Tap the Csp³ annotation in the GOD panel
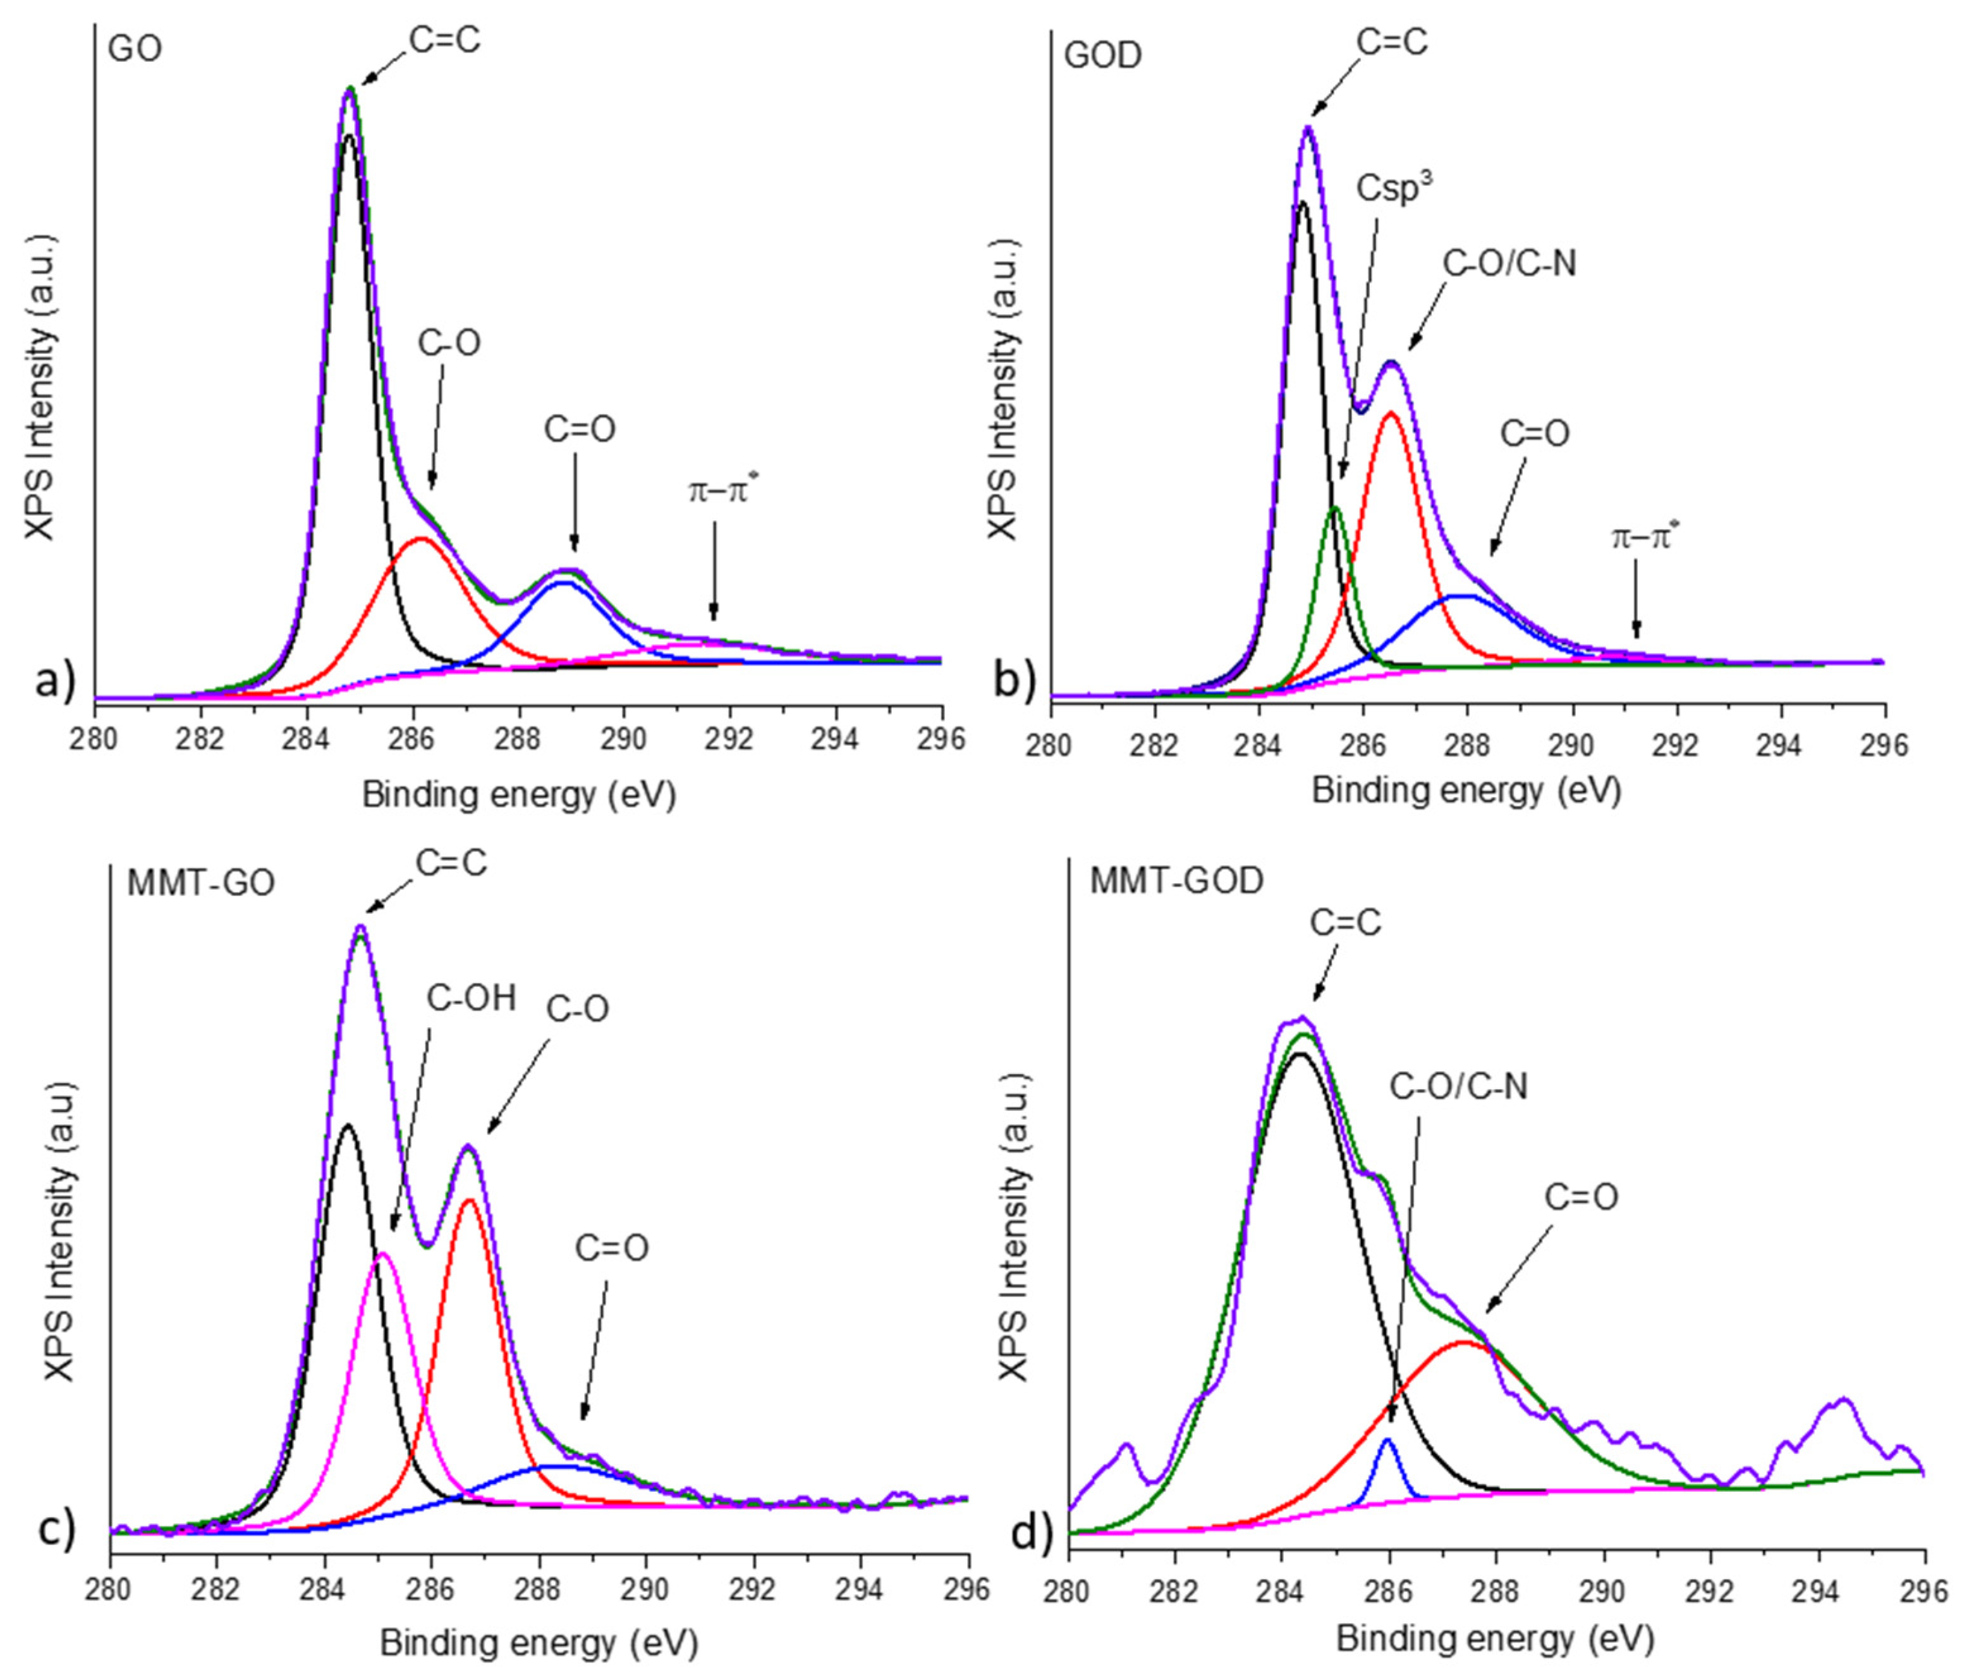(x=1394, y=187)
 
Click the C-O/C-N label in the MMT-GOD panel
(x=1459, y=1085)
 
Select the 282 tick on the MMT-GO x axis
(x=217, y=1589)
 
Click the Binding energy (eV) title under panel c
(x=539, y=1643)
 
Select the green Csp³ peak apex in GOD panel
(x=1335, y=508)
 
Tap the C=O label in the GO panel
(x=579, y=429)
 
